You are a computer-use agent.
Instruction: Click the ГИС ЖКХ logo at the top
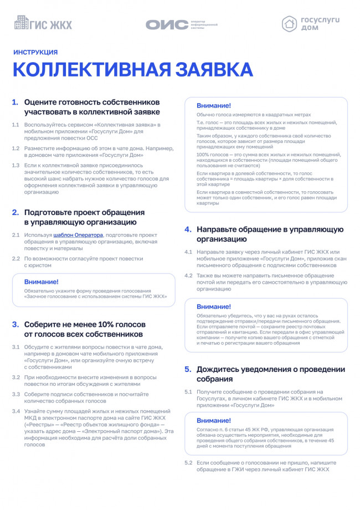pos(43,23)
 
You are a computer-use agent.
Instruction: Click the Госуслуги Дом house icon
pos(289,23)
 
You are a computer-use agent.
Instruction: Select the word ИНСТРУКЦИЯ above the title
pos(35,53)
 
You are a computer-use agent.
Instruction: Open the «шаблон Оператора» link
pos(78,235)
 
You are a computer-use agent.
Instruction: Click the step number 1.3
pos(16,165)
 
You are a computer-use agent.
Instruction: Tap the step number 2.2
pos(16,259)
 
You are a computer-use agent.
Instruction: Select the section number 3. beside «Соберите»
pos(16,324)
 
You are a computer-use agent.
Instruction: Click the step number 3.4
pos(16,411)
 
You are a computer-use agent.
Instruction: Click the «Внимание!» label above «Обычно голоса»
pos(214,105)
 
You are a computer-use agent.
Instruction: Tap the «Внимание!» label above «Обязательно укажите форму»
pos(41,282)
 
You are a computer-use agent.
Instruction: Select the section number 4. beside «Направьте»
pos(188,229)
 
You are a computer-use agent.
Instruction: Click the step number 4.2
pos(188,276)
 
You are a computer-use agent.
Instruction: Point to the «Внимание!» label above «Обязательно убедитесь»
pos(214,306)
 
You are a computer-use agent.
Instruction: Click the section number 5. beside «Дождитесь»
pos(188,369)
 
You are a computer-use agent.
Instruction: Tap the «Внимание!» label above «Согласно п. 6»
pos(214,420)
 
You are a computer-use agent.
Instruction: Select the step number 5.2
pos(188,462)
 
